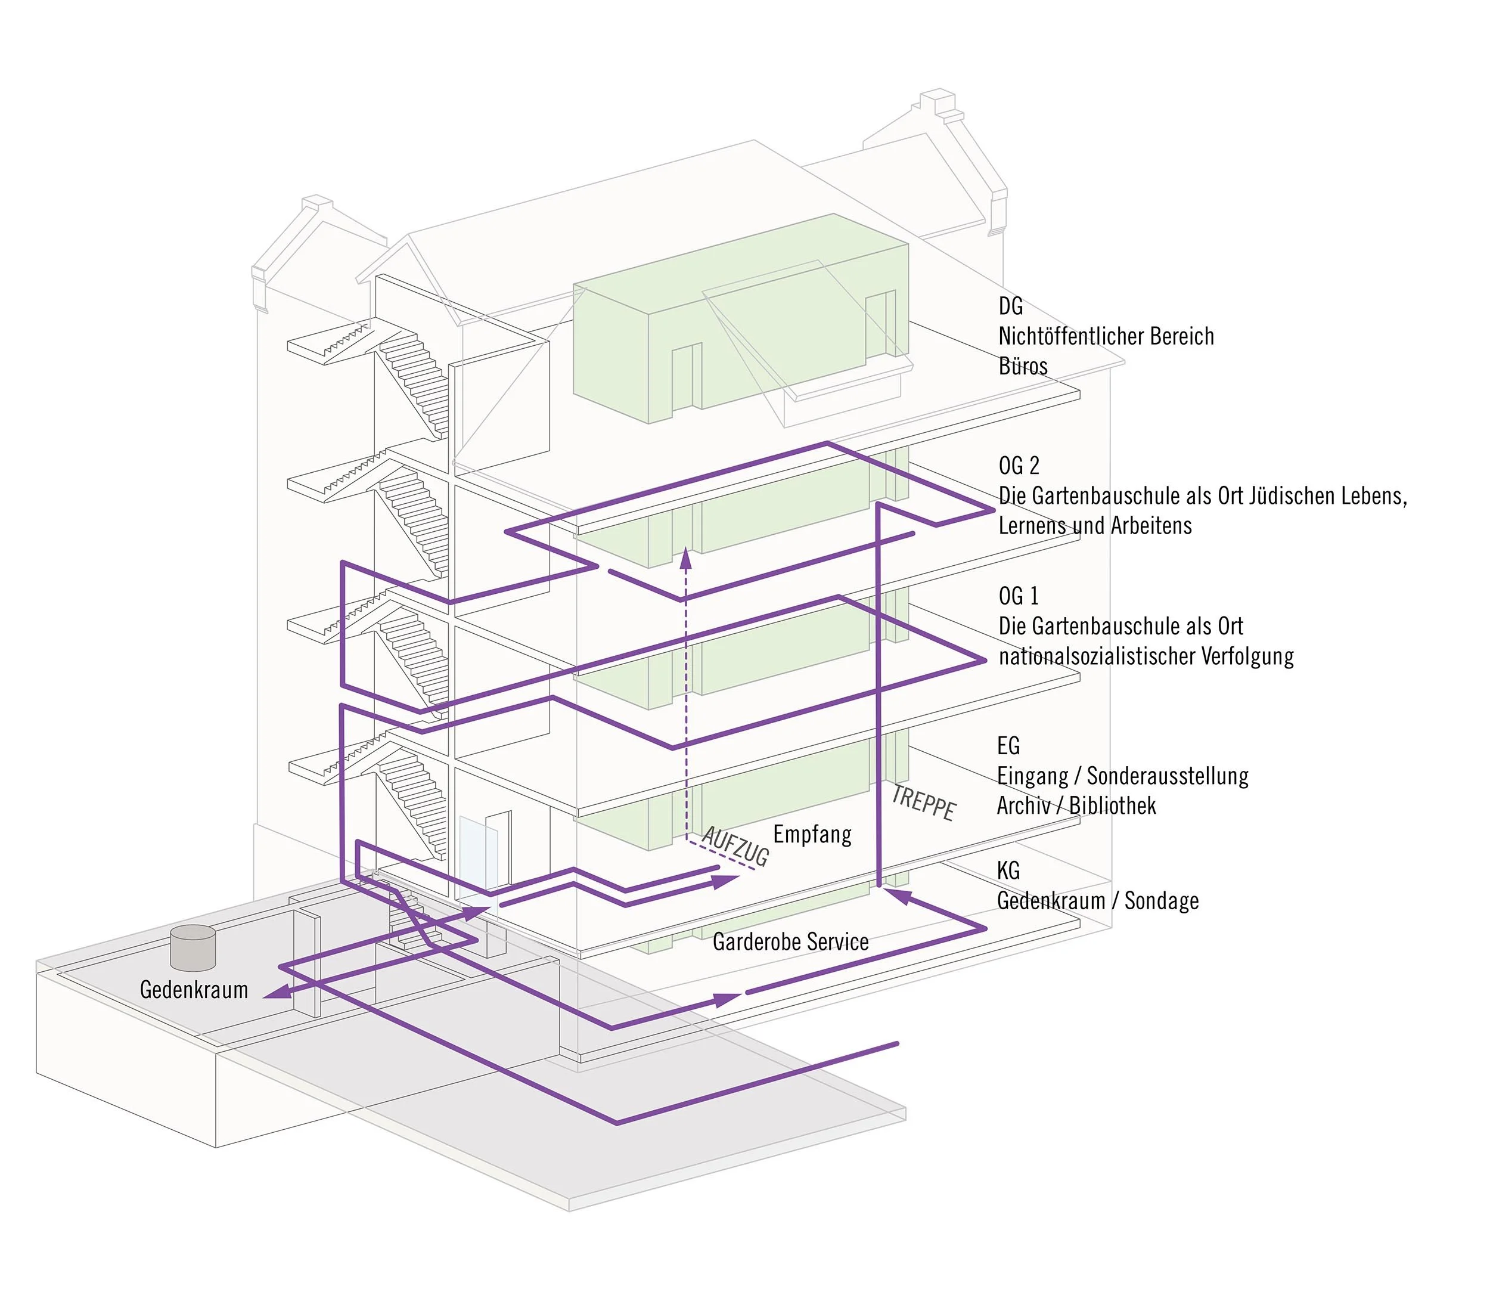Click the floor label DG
click(1010, 306)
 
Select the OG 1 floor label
click(1018, 596)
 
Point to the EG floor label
click(1008, 746)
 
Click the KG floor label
click(1008, 871)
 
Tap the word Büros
click(1023, 366)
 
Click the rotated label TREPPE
click(923, 802)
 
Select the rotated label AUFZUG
click(735, 847)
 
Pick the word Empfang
click(812, 835)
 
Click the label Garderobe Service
click(790, 941)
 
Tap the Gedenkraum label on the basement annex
click(194, 990)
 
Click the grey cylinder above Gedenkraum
click(193, 947)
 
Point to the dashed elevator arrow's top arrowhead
click(686, 554)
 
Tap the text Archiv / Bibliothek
click(1076, 805)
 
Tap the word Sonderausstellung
click(1167, 776)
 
